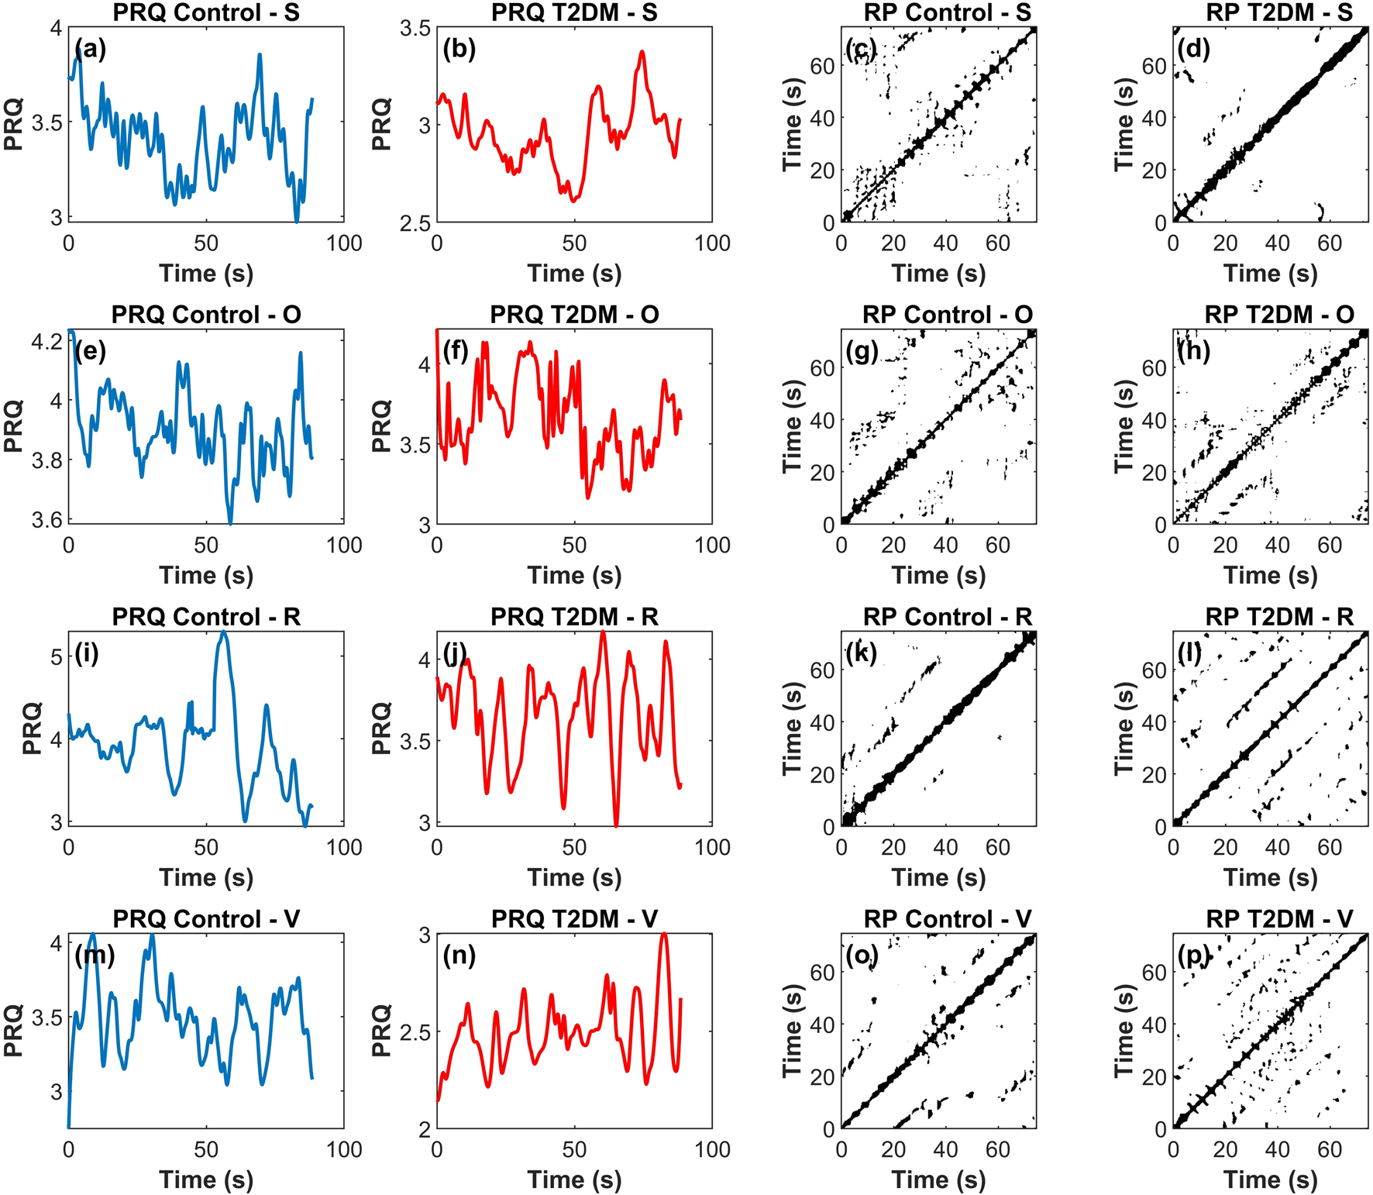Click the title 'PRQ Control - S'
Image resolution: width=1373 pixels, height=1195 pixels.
(206, 12)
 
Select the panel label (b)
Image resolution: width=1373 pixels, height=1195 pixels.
(459, 49)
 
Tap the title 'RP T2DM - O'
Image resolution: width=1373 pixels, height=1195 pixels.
(1279, 315)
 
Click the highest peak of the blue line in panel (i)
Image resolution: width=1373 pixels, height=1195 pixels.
(224, 632)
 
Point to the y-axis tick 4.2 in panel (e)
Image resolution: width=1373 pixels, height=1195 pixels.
(46, 341)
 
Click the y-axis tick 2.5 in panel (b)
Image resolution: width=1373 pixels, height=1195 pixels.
(415, 223)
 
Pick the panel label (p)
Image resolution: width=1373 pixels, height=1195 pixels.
(1193, 956)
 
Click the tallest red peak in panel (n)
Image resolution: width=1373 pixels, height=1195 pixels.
(664, 935)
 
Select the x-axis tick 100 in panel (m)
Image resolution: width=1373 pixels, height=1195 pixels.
(344, 1149)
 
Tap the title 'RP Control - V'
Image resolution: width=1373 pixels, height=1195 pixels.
(948, 919)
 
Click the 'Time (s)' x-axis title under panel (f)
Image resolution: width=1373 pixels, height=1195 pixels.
(574, 575)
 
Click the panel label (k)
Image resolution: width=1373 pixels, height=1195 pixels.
(862, 653)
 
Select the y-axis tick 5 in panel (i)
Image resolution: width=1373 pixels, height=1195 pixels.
(56, 657)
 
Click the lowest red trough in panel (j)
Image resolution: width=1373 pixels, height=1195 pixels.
(616, 825)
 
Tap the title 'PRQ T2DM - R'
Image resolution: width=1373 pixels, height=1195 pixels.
(574, 617)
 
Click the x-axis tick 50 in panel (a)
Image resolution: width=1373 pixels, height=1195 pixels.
(206, 243)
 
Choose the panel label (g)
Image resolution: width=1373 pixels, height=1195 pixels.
(862, 351)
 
